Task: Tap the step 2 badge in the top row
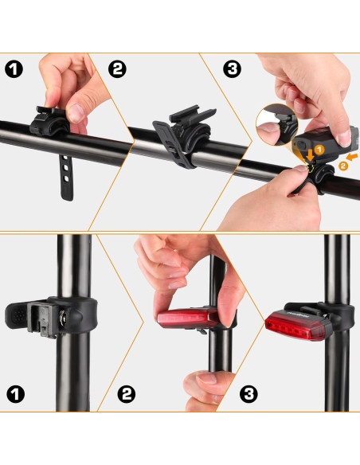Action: (x=117, y=69)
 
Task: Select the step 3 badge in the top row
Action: (x=233, y=69)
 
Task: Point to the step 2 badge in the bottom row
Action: (x=127, y=393)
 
